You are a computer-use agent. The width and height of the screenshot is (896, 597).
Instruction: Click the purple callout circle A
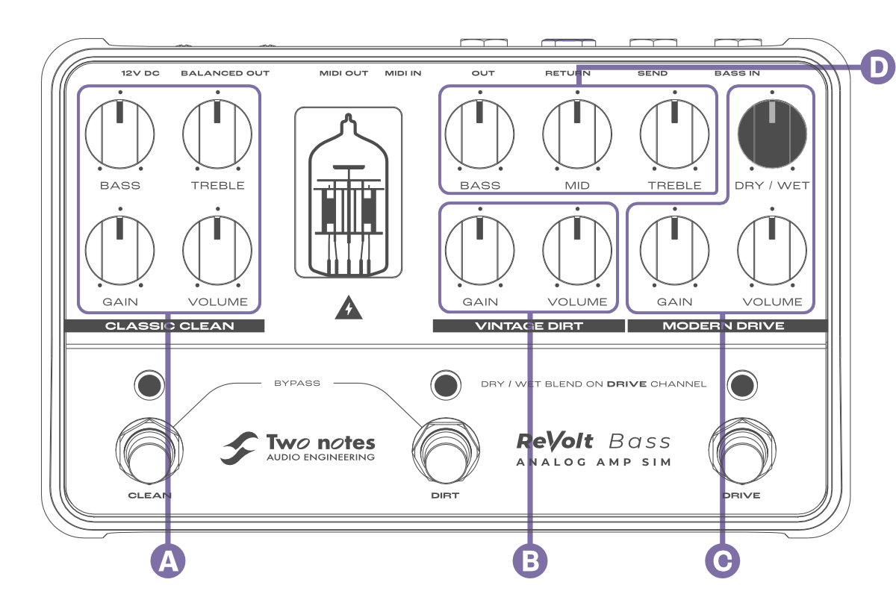point(169,560)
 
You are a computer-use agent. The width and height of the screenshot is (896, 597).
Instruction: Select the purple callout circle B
point(530,560)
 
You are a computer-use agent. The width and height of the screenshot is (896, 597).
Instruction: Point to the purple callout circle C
point(722,560)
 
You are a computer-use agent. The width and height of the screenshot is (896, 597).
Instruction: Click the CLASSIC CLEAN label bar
point(165,325)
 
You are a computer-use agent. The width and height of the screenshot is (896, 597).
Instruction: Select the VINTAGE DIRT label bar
point(529,325)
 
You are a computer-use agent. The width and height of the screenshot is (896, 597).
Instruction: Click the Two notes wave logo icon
point(239,448)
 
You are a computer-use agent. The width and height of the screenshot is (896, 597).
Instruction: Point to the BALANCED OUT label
point(225,73)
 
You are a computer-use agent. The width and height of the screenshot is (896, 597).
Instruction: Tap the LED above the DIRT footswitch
point(446,384)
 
